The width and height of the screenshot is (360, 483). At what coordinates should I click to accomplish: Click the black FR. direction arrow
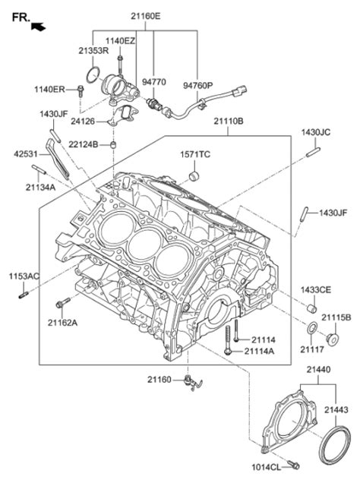click(x=39, y=27)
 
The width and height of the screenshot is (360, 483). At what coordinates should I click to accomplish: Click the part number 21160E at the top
click(x=146, y=16)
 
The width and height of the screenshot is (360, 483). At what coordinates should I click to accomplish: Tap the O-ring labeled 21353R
click(x=93, y=75)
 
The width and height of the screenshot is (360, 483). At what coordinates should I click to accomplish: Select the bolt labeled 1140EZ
click(x=120, y=65)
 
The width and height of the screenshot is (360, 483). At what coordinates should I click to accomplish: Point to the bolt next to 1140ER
click(x=81, y=90)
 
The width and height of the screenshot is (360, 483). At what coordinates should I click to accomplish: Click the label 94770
click(x=154, y=82)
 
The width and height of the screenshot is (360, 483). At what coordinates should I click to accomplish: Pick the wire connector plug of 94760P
click(x=240, y=90)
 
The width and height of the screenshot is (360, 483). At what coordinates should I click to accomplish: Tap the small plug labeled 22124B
click(x=114, y=144)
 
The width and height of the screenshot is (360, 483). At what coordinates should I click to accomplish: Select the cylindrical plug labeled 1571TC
click(x=194, y=176)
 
